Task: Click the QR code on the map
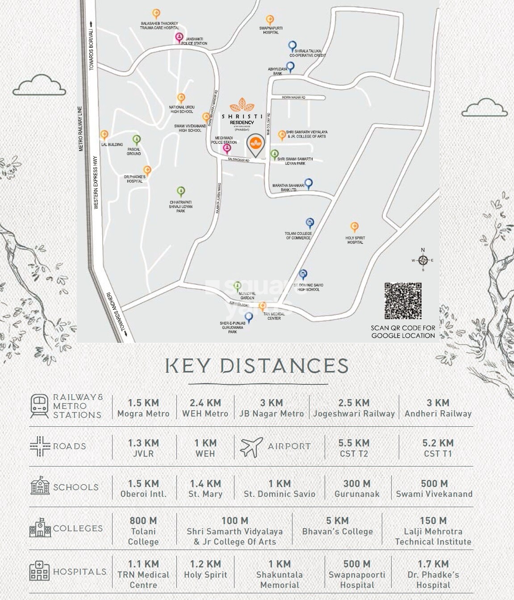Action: click(403, 301)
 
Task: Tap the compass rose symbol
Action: click(423, 260)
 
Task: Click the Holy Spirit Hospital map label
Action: click(355, 240)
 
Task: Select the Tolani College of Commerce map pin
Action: click(310, 223)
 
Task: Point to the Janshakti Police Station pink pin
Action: click(179, 37)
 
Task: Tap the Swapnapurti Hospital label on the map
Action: click(271, 30)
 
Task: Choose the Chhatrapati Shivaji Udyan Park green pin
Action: click(180, 192)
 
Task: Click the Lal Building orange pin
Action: click(104, 134)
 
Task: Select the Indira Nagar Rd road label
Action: click(293, 97)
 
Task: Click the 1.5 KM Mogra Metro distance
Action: click(143, 408)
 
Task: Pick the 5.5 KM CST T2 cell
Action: click(354, 448)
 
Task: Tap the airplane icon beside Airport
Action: click(251, 447)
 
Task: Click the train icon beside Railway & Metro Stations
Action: click(39, 406)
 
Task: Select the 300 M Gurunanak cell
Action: click(357, 488)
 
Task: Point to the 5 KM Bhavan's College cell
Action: click(337, 526)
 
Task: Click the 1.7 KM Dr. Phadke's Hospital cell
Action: click(433, 574)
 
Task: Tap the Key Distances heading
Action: click(257, 366)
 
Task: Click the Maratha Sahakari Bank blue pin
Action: click(308, 183)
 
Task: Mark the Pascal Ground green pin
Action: click(137, 139)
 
